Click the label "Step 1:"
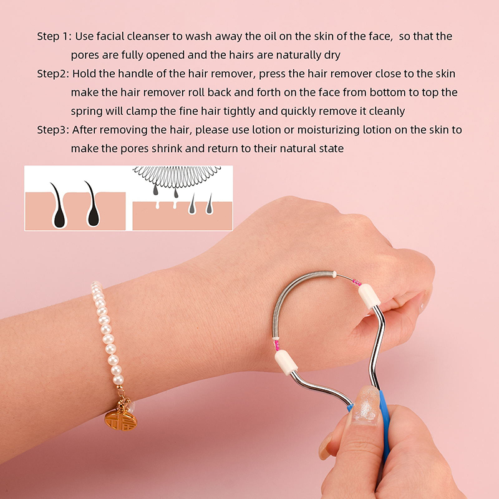[x=54, y=36]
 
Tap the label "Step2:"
[x=53, y=74]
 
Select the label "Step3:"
[x=53, y=130]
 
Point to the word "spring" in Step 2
[x=87, y=112]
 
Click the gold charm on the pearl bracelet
[x=121, y=420]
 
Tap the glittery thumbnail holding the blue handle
[x=366, y=405]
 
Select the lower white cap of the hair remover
[x=286, y=362]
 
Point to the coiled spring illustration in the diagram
[x=177, y=176]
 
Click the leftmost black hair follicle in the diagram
[x=58, y=206]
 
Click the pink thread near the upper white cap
[x=356, y=283]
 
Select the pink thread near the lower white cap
[x=277, y=345]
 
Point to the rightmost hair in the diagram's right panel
[x=210, y=204]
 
